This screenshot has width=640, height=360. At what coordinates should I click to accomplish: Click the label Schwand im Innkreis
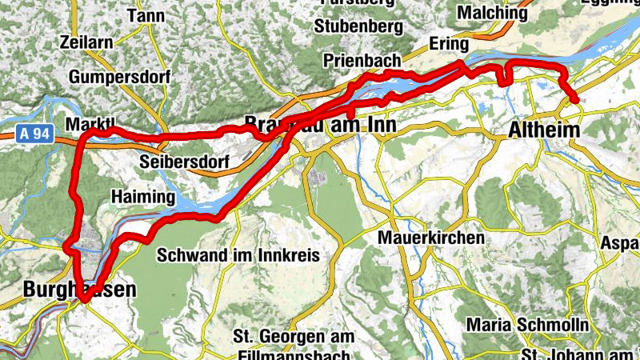pyautogui.click(x=238, y=256)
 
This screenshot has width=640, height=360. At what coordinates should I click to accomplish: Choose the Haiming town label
pyautogui.click(x=142, y=197)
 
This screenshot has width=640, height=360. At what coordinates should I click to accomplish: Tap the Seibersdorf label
pyautogui.click(x=184, y=162)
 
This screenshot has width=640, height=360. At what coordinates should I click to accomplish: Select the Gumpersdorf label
pyautogui.click(x=115, y=77)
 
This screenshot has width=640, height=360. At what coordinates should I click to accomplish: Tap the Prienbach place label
pyautogui.click(x=362, y=60)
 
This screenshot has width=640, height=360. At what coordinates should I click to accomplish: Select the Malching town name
pyautogui.click(x=492, y=13)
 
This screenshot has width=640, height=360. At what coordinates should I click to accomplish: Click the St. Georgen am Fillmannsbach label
pyautogui.click(x=291, y=344)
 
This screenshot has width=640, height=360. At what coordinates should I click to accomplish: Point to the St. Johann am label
pyautogui.click(x=577, y=354)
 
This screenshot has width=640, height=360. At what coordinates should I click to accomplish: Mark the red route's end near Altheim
pyautogui.click(x=575, y=99)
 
